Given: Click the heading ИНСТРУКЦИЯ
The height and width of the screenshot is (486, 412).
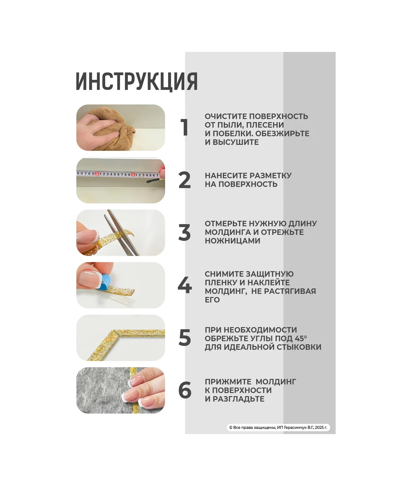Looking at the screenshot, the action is pyautogui.click(x=136, y=82).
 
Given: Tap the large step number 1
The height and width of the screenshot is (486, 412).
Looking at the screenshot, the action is pyautogui.click(x=185, y=127).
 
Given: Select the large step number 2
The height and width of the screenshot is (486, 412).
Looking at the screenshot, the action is pyautogui.click(x=185, y=180).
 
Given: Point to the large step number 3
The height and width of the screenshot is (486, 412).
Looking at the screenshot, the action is pyautogui.click(x=185, y=232).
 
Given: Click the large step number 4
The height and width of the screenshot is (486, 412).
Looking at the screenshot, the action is pyautogui.click(x=185, y=285).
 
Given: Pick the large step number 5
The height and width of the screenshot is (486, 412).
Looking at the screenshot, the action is pyautogui.click(x=185, y=338).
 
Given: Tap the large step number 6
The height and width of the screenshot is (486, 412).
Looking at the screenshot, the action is pyautogui.click(x=185, y=390).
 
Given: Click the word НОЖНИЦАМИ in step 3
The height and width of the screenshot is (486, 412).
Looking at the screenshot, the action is pyautogui.click(x=232, y=241).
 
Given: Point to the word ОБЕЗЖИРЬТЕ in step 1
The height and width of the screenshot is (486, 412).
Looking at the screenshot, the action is pyautogui.click(x=282, y=133).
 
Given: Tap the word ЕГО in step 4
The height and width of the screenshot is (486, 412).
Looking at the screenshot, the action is pyautogui.click(x=212, y=300).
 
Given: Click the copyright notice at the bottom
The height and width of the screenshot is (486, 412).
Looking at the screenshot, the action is pyautogui.click(x=278, y=427).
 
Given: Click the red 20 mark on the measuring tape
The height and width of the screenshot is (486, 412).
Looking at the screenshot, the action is pyautogui.click(x=97, y=174).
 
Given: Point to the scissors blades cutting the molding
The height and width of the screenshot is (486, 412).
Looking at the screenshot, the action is pyautogui.click(x=122, y=233).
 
